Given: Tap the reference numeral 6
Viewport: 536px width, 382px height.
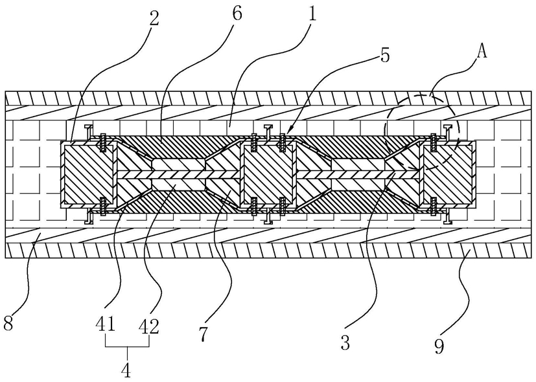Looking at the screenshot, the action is tap(237, 14).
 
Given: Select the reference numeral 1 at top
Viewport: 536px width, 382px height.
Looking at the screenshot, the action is tap(311, 14).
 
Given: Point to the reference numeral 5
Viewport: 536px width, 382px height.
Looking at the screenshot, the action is tap(385, 56).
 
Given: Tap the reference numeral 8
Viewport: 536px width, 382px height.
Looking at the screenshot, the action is tap(8, 322).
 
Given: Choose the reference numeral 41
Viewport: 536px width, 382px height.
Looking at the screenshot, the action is tap(106, 326).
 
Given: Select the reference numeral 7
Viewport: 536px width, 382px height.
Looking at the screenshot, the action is tap(203, 333).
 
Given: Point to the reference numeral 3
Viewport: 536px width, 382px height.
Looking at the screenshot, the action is tap(345, 343).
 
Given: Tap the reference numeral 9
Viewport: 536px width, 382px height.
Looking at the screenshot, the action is tap(439, 346).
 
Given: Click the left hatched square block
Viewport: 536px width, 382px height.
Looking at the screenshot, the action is tap(87, 174).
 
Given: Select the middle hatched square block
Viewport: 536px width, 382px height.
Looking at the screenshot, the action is tap(268, 174).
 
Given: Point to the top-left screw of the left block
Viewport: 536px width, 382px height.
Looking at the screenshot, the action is tap(102, 143).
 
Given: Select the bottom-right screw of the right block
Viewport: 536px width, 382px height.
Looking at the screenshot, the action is tap(434, 207).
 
